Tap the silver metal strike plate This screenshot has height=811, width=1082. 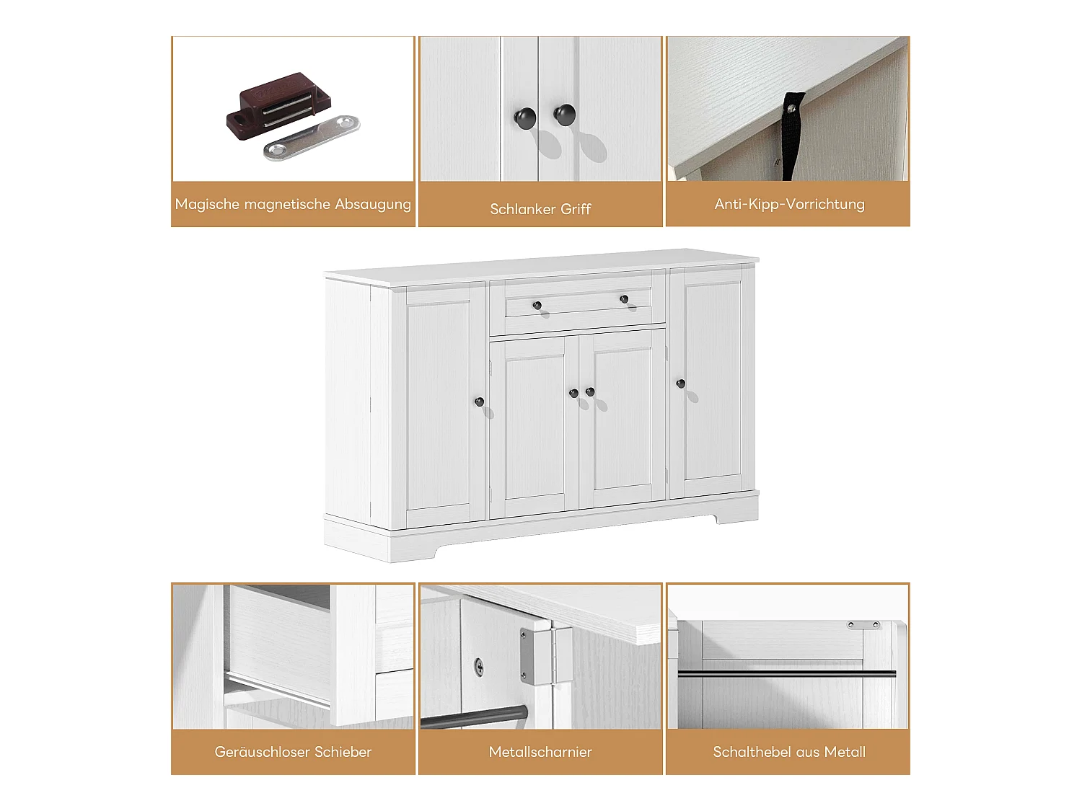click(311, 137)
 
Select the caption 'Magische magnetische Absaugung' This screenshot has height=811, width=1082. click(293, 204)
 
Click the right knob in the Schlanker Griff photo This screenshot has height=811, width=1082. click(564, 114)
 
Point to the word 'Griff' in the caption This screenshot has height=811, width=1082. click(575, 209)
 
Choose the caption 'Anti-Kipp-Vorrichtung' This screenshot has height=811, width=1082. click(789, 204)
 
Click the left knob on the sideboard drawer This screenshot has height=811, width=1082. click(537, 306)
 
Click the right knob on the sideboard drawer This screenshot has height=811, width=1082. click(624, 298)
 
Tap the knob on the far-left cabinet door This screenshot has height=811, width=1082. click(479, 402)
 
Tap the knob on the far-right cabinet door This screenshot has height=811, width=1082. click(680, 384)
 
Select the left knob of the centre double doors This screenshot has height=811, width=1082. click(573, 394)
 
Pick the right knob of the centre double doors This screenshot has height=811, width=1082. click(590, 391)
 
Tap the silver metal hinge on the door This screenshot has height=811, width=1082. click(545, 654)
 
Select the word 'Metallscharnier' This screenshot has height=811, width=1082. click(540, 752)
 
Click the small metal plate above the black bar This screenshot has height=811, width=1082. click(863, 625)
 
